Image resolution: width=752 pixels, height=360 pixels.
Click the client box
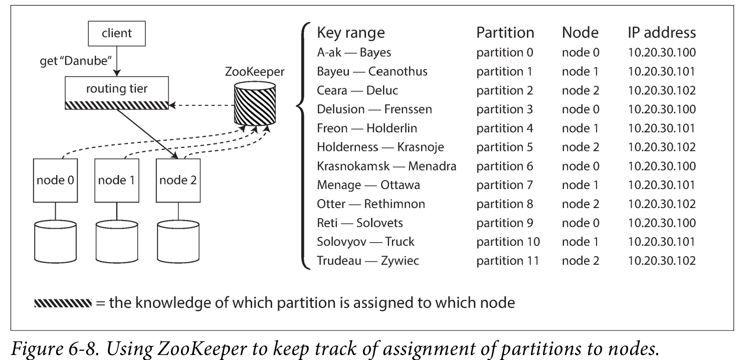116,34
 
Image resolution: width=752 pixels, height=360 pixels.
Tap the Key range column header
351,33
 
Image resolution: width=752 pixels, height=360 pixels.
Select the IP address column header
662,33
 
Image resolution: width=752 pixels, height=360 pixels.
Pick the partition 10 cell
508,242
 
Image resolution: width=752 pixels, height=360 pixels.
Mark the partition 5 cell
505,147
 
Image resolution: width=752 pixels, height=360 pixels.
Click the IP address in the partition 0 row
661,52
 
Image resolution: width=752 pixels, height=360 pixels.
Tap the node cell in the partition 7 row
581,185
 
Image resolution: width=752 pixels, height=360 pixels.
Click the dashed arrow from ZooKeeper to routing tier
201,106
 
